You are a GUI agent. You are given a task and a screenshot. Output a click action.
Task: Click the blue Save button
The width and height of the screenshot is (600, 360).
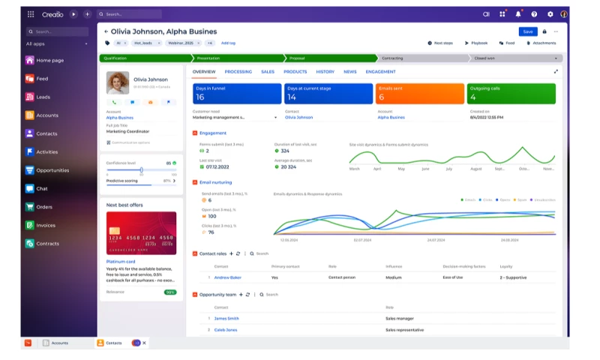point(528,31)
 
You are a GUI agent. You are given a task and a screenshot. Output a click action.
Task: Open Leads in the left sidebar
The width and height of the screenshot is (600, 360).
point(43,97)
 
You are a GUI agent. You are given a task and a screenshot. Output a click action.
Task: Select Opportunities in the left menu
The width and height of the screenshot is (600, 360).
point(52,170)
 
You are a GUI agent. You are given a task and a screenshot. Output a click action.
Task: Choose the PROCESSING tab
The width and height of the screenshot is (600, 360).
point(238,72)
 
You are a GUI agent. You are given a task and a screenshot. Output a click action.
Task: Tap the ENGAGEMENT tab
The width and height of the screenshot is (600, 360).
point(380,72)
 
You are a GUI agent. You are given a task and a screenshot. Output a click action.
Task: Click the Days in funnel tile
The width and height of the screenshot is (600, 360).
point(236,94)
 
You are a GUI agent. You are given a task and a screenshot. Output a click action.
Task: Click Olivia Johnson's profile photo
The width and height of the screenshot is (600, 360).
point(118,82)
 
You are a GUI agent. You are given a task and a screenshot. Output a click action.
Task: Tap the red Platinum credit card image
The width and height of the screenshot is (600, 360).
point(141,233)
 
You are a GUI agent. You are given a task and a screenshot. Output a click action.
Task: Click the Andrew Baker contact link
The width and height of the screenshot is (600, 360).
point(228,277)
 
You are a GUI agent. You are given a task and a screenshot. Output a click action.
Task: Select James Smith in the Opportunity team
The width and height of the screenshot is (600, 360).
point(226,319)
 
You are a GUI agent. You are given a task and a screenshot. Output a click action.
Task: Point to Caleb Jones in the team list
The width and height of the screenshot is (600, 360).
point(226,330)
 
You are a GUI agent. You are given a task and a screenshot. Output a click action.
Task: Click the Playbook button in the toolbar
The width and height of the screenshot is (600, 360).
point(477,43)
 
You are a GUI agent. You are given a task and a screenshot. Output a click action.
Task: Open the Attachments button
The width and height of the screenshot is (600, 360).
point(540,43)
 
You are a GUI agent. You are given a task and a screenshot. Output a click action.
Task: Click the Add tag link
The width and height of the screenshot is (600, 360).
point(228,43)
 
